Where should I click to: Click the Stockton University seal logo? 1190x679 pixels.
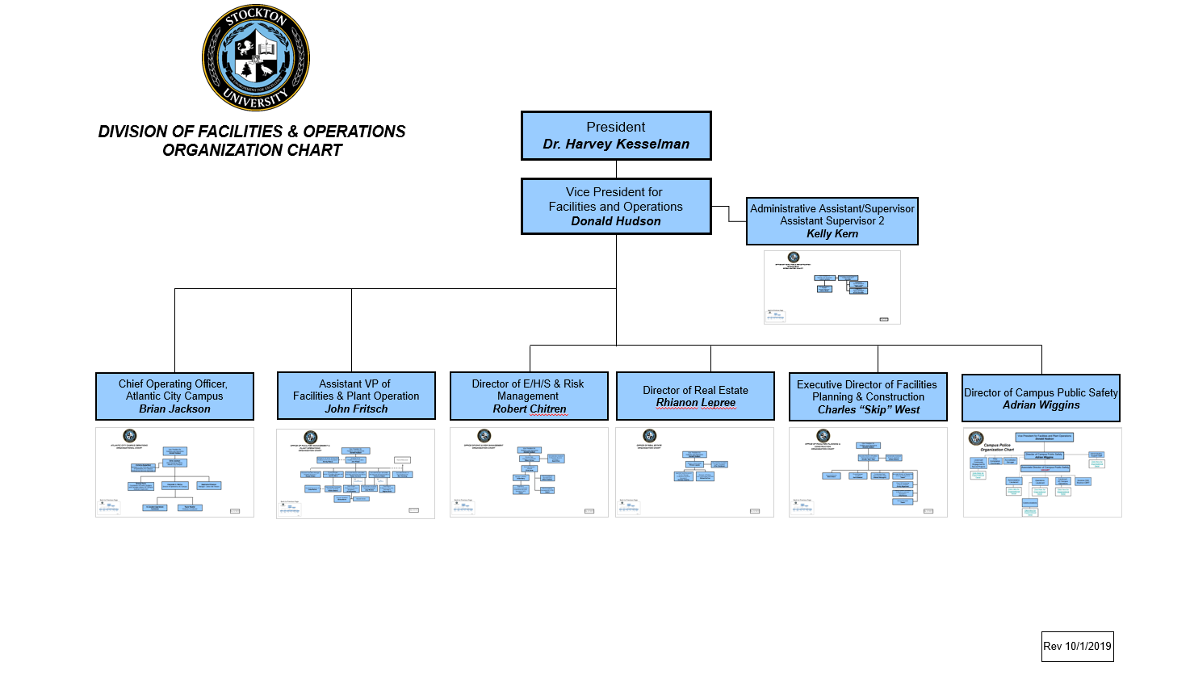[x=255, y=57]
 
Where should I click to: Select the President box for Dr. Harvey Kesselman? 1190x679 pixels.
[x=616, y=136]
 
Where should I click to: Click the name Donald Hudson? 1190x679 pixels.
[x=616, y=221]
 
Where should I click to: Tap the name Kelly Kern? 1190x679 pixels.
[x=832, y=233]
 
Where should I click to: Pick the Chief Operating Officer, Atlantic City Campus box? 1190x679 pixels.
[x=174, y=396]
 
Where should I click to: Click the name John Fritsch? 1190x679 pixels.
[x=356, y=409]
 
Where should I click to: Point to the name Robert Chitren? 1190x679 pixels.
[x=530, y=409]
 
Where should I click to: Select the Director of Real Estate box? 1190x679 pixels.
[x=695, y=396]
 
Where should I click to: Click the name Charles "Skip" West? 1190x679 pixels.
[x=869, y=409]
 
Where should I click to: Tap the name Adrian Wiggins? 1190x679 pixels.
[x=1041, y=404]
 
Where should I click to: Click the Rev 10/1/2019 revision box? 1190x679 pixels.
[x=1077, y=646]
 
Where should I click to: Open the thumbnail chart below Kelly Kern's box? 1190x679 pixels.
[x=832, y=287]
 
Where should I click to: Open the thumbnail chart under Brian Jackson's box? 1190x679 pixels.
[x=174, y=472]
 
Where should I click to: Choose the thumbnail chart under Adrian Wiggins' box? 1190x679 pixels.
[x=1042, y=473]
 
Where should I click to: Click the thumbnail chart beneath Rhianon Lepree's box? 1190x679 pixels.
[x=694, y=473]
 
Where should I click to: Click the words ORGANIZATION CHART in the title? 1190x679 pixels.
[x=252, y=150]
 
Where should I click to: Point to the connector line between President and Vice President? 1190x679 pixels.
[x=616, y=169]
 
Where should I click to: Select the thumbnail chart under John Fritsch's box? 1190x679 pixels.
[x=355, y=474]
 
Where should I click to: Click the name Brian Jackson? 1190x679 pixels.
[x=174, y=409]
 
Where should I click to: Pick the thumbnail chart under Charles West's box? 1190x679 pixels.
[x=868, y=473]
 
